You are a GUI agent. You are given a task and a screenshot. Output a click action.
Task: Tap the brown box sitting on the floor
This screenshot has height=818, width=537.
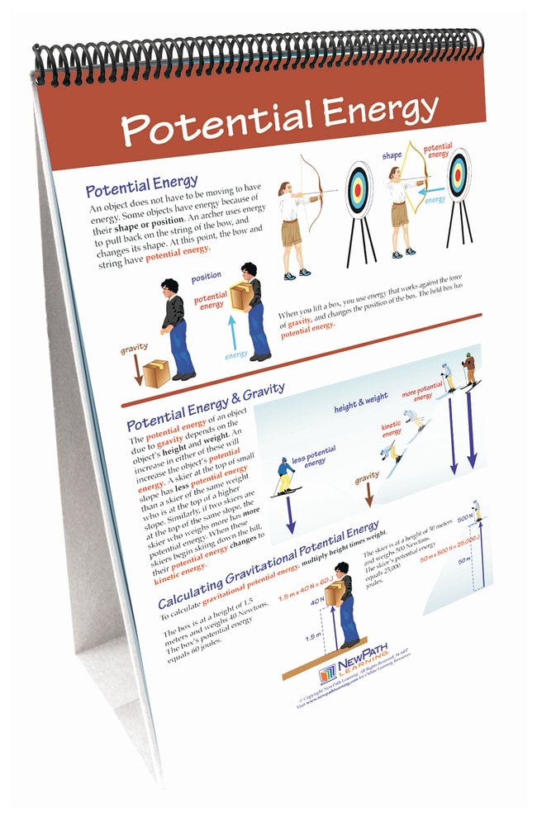coord(157,373)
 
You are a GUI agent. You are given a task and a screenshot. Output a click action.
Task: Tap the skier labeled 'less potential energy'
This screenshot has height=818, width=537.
coord(286,476)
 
